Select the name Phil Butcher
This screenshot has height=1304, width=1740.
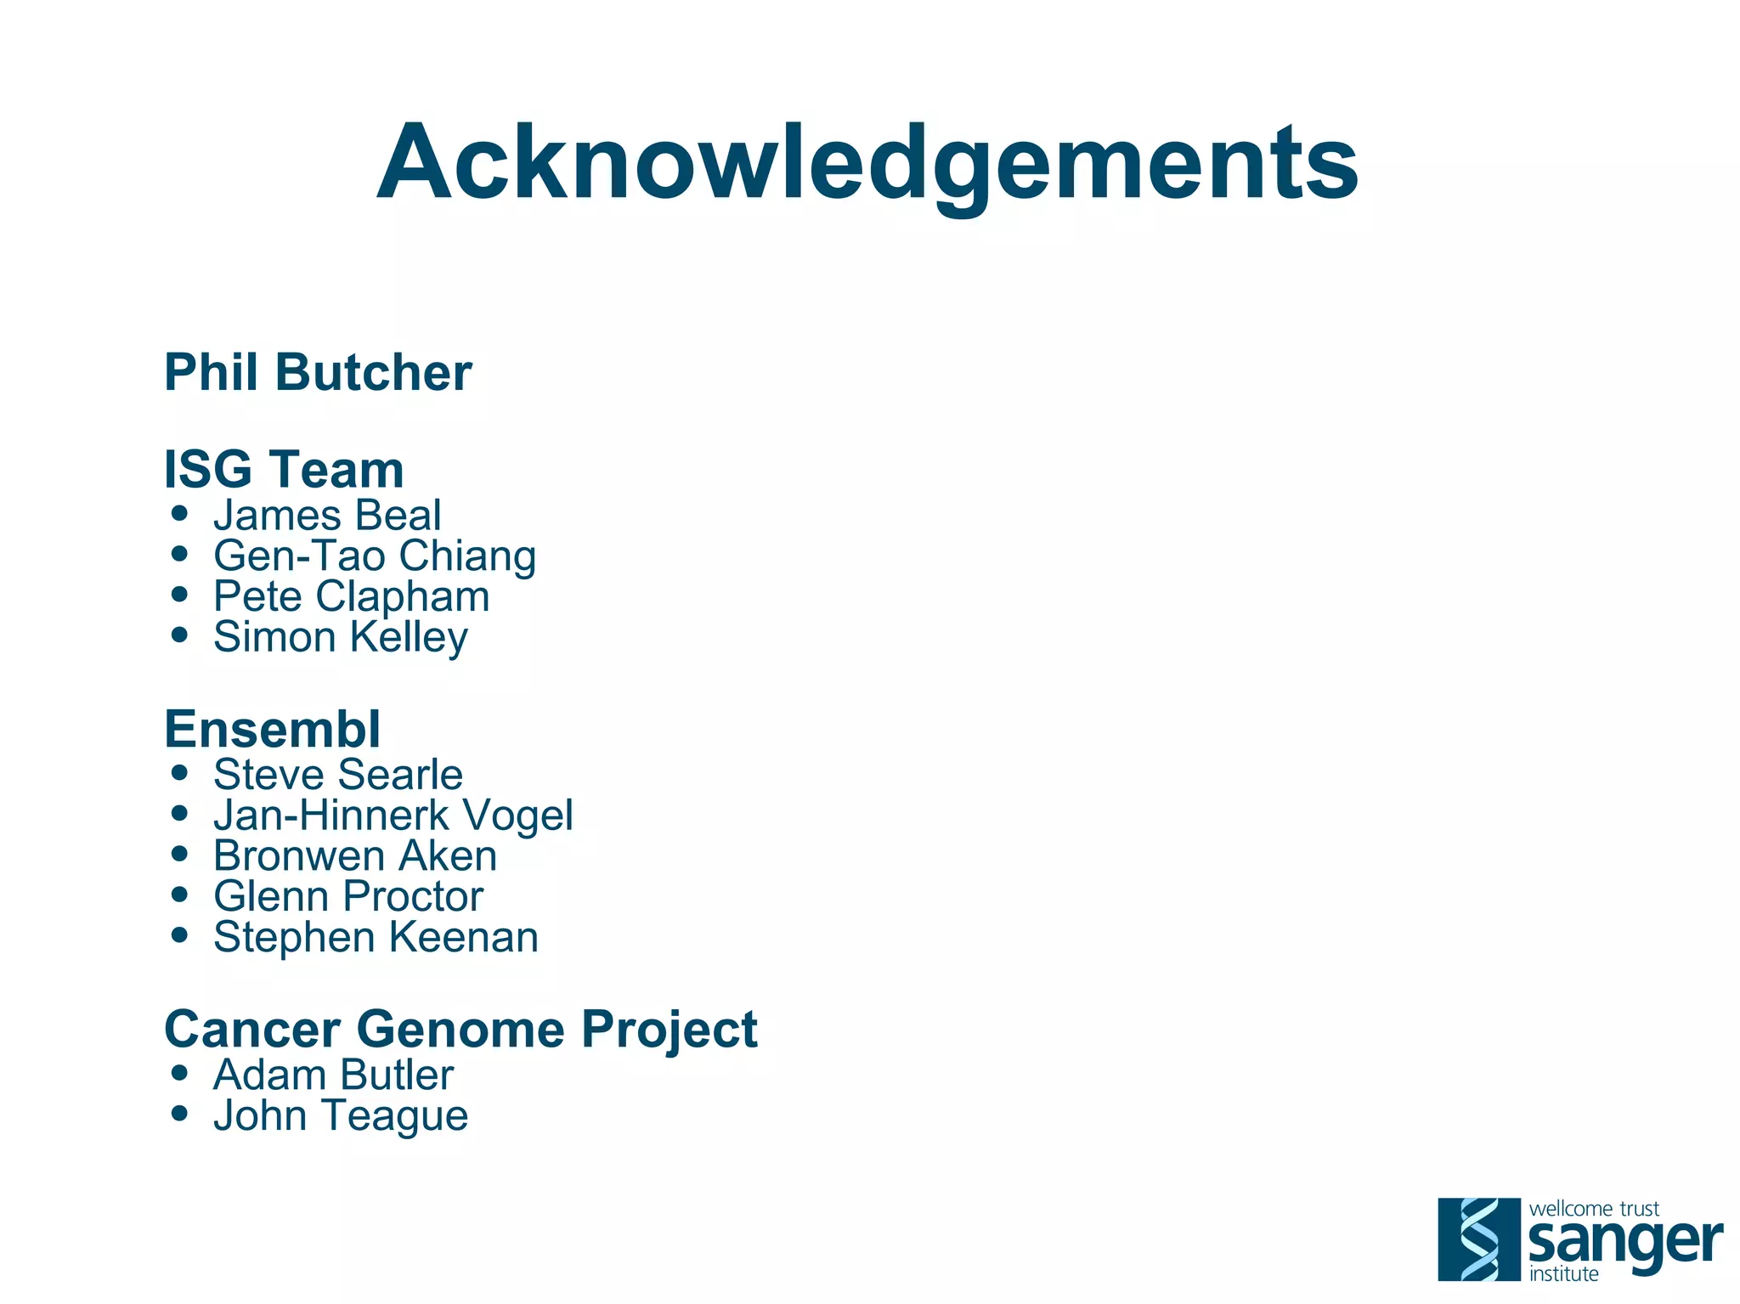318,372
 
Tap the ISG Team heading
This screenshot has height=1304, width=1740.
284,469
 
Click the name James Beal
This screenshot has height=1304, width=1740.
327,515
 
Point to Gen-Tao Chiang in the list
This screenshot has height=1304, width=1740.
375,556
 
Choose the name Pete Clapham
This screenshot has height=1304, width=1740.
351,596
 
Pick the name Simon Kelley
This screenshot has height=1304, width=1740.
340,637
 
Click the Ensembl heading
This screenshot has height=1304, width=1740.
272,729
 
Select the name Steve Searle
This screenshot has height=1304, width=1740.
337,774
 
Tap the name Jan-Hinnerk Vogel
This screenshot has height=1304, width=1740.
393,815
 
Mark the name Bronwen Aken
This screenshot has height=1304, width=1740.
355,855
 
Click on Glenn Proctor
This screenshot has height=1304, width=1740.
348,896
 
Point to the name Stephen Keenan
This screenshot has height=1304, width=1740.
376,937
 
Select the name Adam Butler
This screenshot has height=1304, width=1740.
333,1075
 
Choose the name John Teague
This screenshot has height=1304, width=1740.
340,1115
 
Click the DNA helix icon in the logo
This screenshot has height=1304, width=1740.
1478,1239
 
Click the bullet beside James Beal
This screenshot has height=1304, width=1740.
178,513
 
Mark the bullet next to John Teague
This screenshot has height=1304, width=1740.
178,1113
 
